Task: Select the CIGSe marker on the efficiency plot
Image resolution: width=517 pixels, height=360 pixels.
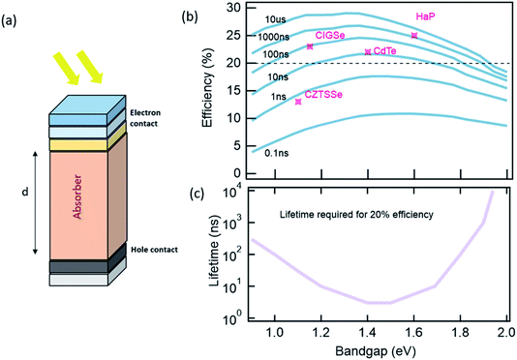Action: [310, 46]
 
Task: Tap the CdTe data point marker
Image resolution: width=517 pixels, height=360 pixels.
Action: [367, 52]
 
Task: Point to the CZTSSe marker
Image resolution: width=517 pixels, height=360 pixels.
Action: [298, 101]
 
